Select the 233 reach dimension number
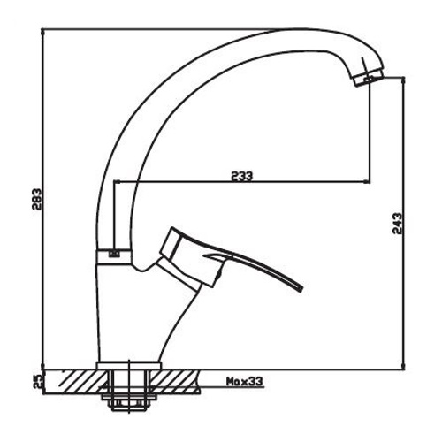click(x=241, y=176)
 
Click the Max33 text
click(x=242, y=382)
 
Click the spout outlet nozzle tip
click(x=369, y=81)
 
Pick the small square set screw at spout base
click(x=112, y=255)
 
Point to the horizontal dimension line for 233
click(x=256, y=183)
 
